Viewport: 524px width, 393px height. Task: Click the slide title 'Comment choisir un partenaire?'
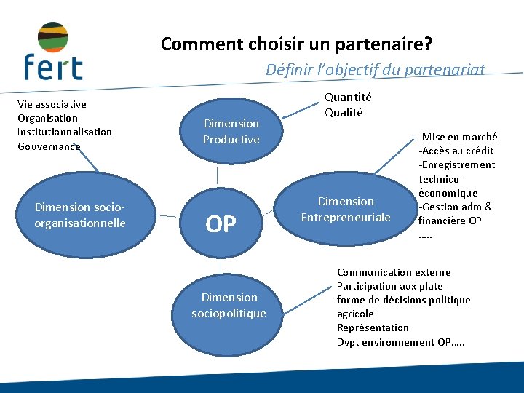(296, 44)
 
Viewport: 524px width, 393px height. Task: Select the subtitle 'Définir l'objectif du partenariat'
(375, 69)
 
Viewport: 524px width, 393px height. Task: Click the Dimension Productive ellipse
(231, 132)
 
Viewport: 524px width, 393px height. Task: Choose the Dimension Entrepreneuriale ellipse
(346, 209)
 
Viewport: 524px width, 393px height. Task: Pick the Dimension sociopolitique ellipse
(229, 305)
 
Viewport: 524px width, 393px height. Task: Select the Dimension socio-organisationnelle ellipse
(80, 215)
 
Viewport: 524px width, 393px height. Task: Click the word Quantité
(348, 97)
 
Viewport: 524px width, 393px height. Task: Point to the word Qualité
(344, 112)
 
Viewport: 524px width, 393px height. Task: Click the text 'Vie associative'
(52, 104)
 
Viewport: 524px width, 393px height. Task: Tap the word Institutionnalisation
(65, 132)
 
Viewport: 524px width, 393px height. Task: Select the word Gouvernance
(49, 146)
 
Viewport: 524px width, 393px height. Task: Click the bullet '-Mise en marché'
(458, 137)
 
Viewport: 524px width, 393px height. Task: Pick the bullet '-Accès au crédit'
(456, 151)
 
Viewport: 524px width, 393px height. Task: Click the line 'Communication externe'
(394, 272)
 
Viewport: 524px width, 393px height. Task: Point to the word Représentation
(373, 327)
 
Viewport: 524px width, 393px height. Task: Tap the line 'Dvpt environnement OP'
(400, 342)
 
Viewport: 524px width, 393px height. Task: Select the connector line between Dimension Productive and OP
(217, 176)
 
